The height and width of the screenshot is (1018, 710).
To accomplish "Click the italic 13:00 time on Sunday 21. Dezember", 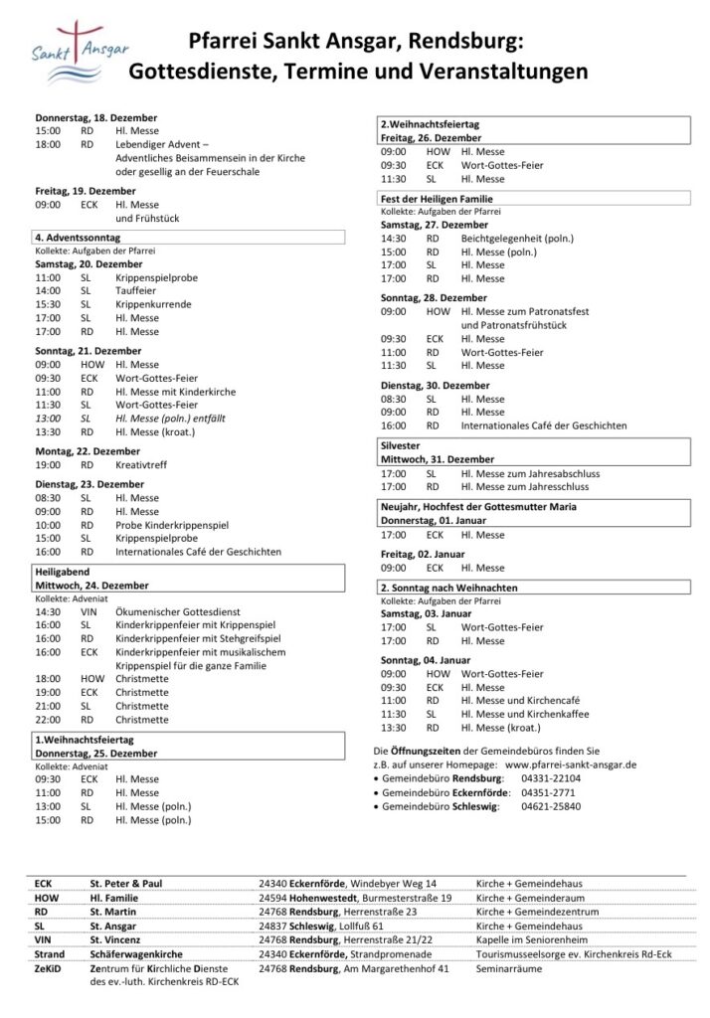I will click(x=48, y=419).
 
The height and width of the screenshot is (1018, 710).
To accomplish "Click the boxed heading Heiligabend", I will click(x=64, y=572).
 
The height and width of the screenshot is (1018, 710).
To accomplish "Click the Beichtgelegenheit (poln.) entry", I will click(x=517, y=239).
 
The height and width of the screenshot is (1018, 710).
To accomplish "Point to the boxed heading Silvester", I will click(x=401, y=446).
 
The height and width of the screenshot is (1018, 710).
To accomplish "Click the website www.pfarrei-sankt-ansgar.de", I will click(x=571, y=764).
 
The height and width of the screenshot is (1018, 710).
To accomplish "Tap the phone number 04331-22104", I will click(x=551, y=778).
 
